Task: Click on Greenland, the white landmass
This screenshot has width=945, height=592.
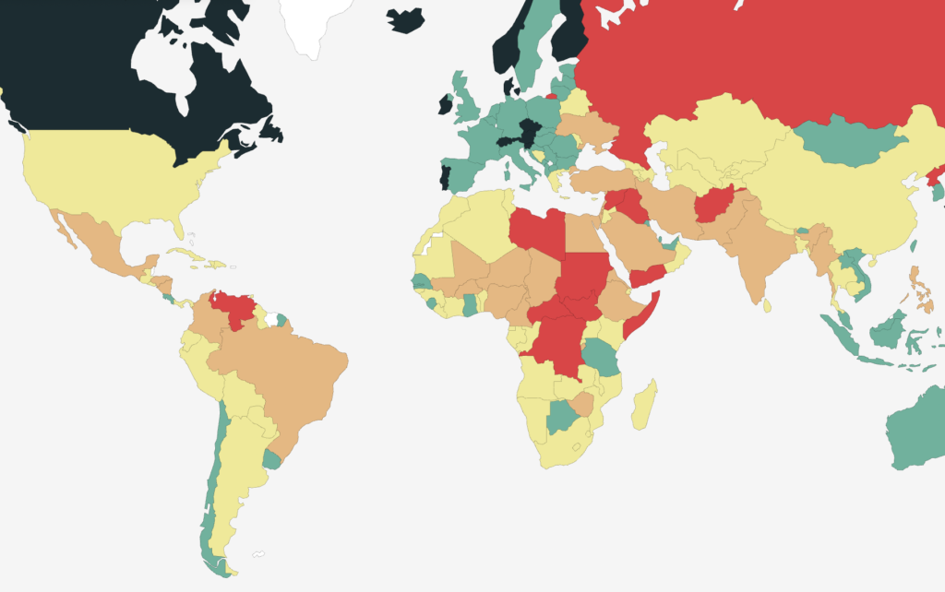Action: [318, 23]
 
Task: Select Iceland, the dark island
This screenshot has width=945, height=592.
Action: [405, 19]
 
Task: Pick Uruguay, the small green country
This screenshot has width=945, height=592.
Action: [270, 458]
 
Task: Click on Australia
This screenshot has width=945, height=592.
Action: [918, 433]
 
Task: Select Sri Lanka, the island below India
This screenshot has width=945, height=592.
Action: [767, 305]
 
